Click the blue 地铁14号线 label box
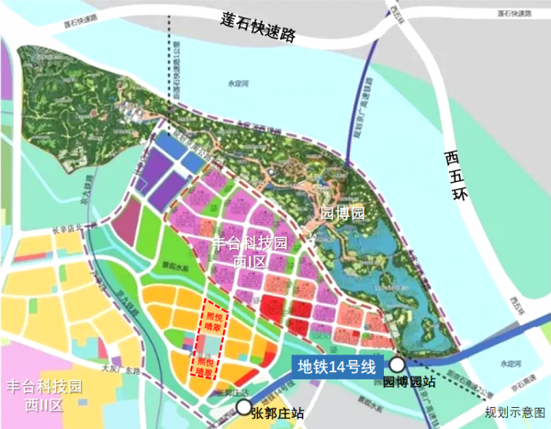coord(336,366)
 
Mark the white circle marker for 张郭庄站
coord(243,408)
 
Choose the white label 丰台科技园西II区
coord(43,394)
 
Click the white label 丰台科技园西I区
coord(250,251)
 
